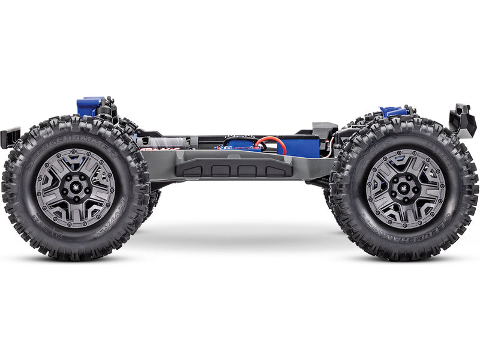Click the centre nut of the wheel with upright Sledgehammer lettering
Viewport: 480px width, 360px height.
pos(76,188)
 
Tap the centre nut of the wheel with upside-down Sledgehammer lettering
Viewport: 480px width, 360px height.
pos(406,188)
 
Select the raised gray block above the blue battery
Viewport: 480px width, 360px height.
pos(325,128)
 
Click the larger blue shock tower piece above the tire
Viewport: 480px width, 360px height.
pos(88,106)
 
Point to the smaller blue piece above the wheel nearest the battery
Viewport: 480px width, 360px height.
pos(394,111)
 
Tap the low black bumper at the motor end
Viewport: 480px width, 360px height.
pos(10,136)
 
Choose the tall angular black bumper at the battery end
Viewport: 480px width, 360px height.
pos(462,120)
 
